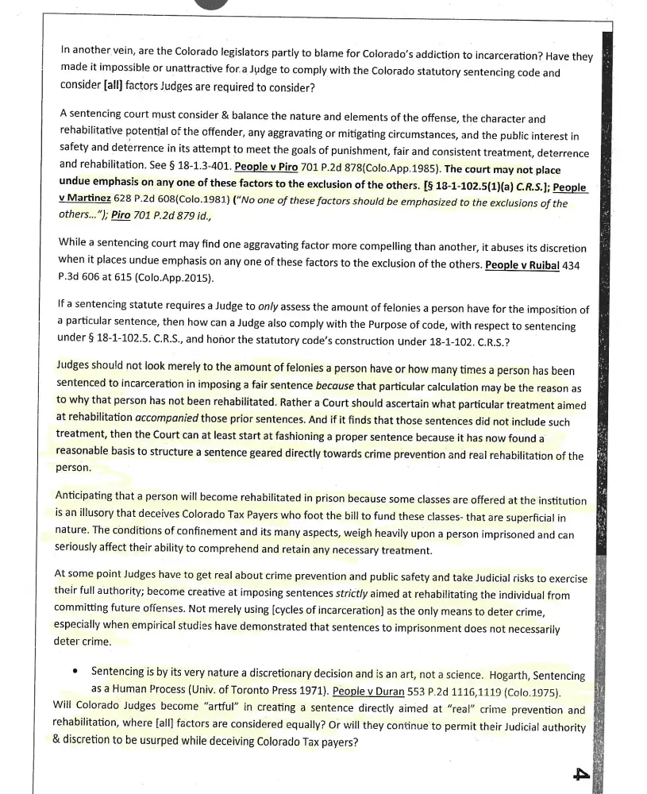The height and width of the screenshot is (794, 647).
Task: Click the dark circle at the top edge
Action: click(206, 2)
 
